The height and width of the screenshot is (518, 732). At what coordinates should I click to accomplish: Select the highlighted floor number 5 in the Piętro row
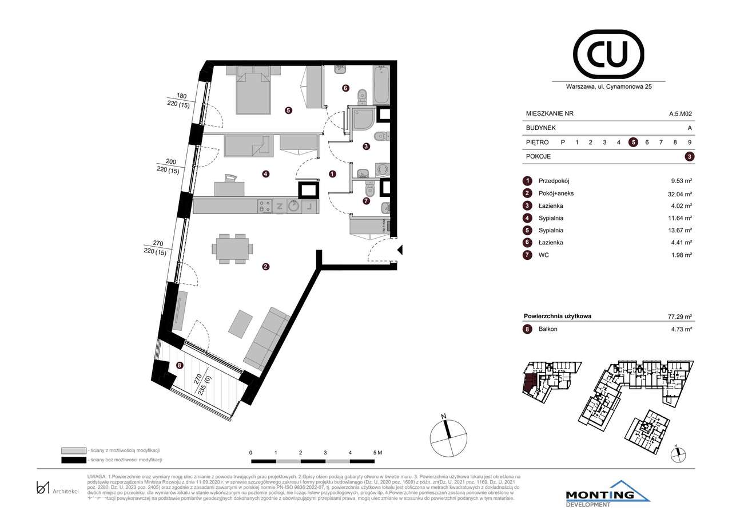(633, 143)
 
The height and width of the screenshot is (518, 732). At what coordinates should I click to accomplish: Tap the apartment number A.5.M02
(681, 114)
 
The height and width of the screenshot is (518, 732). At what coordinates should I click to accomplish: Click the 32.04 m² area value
(681, 193)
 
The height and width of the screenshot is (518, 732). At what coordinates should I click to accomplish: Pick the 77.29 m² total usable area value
(681, 316)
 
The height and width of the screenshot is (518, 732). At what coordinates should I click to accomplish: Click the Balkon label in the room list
(548, 329)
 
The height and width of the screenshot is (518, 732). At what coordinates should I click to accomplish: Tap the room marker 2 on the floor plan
(265, 266)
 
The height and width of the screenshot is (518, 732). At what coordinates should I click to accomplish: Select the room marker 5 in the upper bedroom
(289, 110)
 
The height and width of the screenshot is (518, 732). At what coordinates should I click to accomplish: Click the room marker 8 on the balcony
(180, 365)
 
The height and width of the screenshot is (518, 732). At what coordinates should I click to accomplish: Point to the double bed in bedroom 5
(253, 92)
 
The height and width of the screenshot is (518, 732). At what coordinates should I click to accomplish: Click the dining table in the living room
(232, 249)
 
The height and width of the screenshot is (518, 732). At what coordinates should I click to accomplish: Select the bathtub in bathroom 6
(381, 85)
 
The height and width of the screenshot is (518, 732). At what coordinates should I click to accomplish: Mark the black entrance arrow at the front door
(400, 250)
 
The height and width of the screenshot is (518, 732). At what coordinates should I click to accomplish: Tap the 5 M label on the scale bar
(377, 452)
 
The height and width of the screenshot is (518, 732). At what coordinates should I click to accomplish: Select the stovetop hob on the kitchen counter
(265, 206)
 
